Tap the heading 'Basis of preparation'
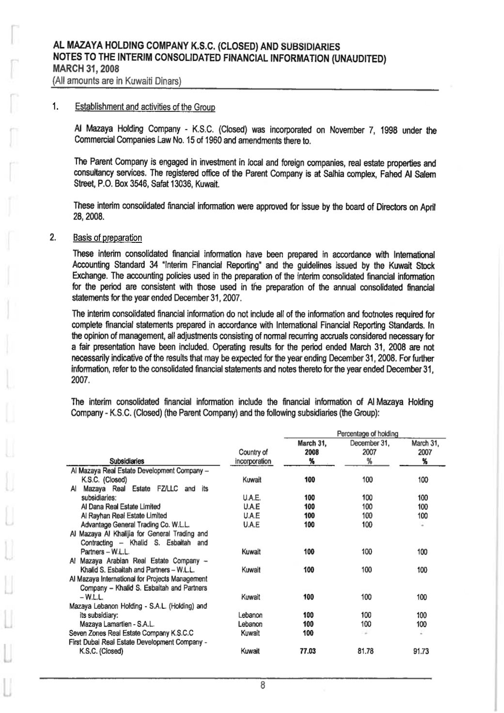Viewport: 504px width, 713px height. tap(107, 238)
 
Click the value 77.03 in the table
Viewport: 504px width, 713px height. tap(308, 651)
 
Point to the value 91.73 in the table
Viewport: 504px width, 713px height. tap(421, 651)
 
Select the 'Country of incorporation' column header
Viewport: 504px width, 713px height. tap(253, 457)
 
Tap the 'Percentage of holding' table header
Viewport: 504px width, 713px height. tap(365, 433)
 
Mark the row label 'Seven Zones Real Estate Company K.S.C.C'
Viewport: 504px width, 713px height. tap(131, 633)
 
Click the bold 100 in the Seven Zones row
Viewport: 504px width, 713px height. tap(308, 633)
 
